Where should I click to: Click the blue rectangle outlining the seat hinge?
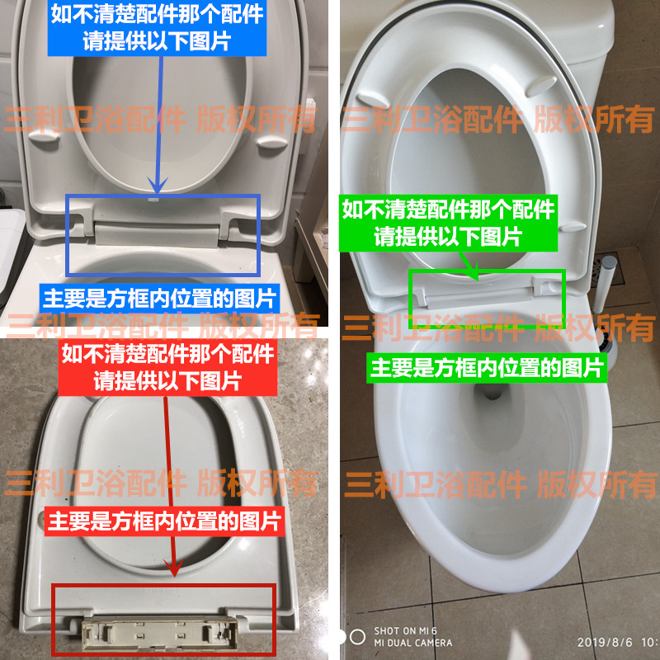163,196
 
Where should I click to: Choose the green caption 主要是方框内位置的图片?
488,367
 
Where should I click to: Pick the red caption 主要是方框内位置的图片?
166,521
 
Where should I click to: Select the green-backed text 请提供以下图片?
448,237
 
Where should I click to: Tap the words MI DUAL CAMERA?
412,643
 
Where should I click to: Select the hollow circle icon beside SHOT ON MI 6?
357,636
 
